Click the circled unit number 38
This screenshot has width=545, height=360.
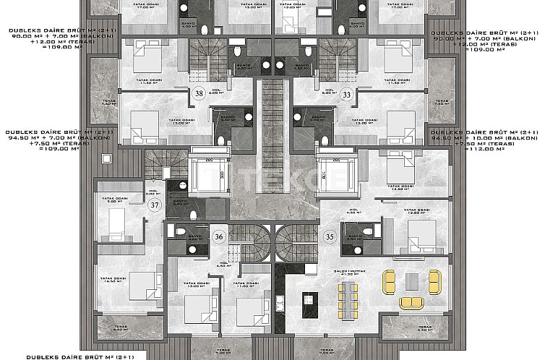point(199,93)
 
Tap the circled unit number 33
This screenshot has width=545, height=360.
point(347,94)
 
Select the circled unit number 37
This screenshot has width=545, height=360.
point(155,205)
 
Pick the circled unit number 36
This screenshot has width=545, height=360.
point(218,235)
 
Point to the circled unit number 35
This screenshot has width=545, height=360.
point(330,236)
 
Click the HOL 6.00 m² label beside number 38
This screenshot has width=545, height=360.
point(214,92)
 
